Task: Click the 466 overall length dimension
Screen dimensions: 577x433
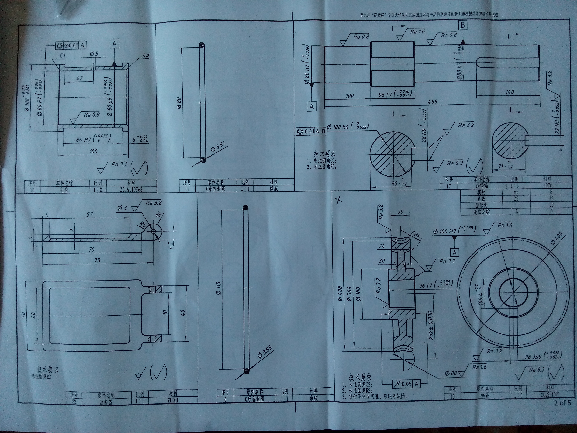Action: pyautogui.click(x=432, y=102)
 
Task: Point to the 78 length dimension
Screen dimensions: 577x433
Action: pyautogui.click(x=97, y=260)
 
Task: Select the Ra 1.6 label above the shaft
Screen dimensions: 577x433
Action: pyautogui.click(x=417, y=32)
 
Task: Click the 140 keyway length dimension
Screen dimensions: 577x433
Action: pyautogui.click(x=509, y=92)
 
